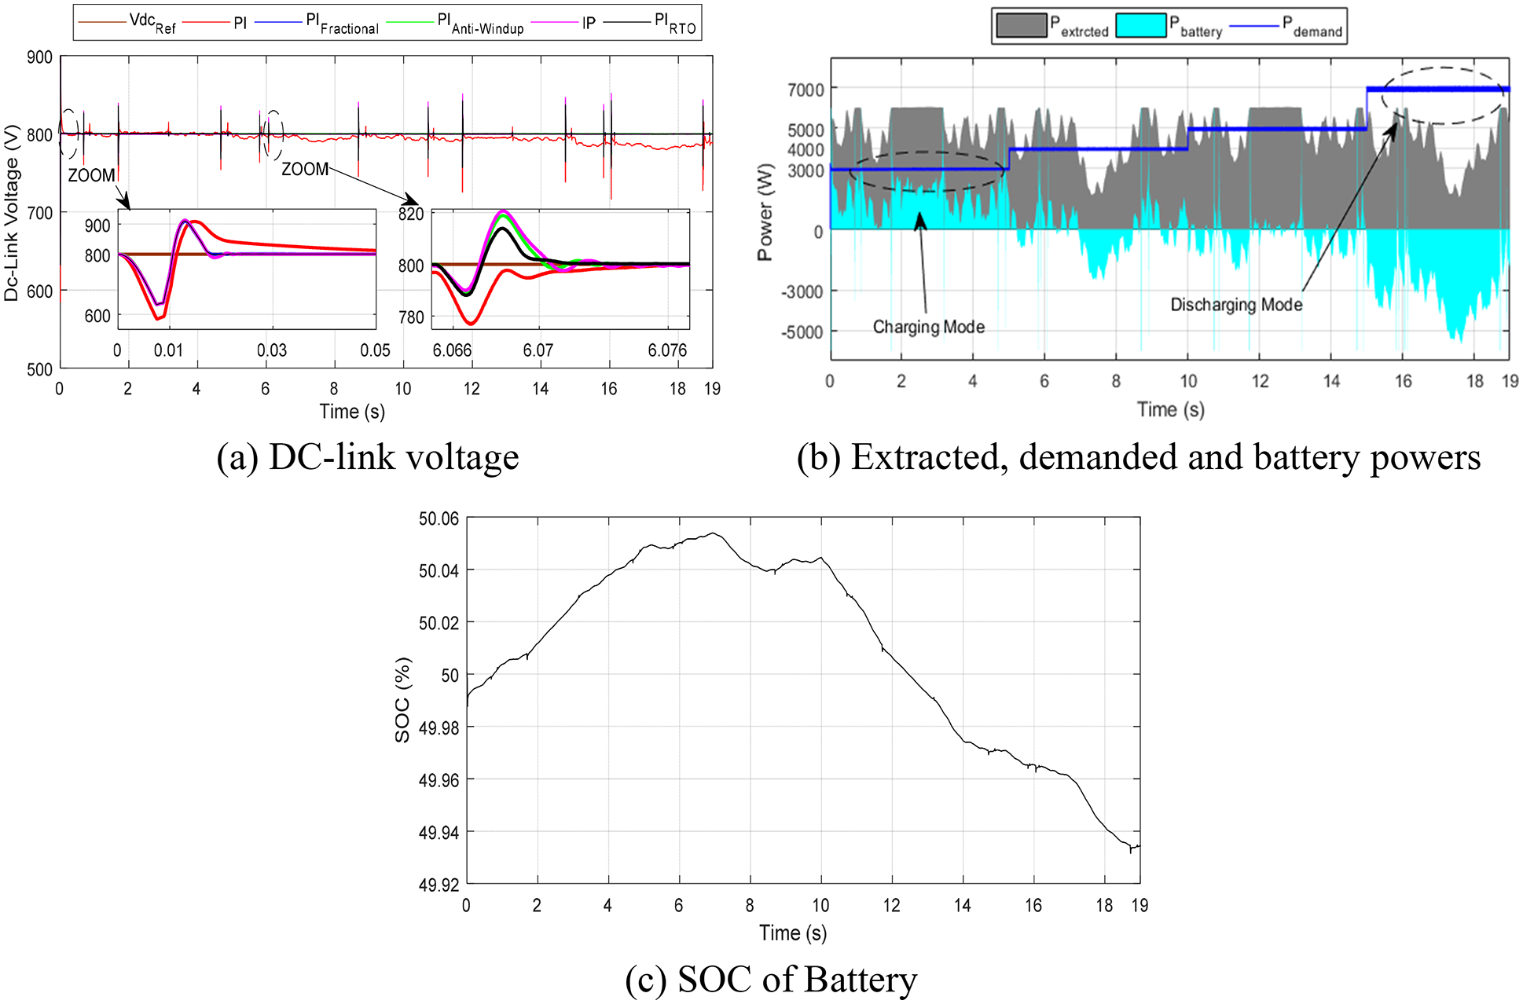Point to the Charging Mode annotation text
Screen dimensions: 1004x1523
pos(928,327)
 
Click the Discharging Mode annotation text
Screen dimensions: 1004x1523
pos(1236,305)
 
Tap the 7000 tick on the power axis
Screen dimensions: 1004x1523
pos(806,90)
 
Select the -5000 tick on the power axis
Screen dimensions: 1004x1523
pos(802,332)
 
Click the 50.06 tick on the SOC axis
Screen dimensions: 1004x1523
pos(439,518)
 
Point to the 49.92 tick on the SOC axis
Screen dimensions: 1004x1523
pos(439,885)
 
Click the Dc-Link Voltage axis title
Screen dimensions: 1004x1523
pos(11,212)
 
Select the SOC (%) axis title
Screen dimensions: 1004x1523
pos(402,700)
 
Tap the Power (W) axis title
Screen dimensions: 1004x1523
pos(765,212)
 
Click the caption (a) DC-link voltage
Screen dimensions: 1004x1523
pos(368,457)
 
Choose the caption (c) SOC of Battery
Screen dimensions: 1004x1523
pos(771,980)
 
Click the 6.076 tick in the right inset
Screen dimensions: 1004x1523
pos(667,350)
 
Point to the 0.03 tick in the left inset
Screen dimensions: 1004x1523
pos(272,350)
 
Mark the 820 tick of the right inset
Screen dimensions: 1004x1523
pos(411,214)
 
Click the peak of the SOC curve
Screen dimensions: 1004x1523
pos(713,533)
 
